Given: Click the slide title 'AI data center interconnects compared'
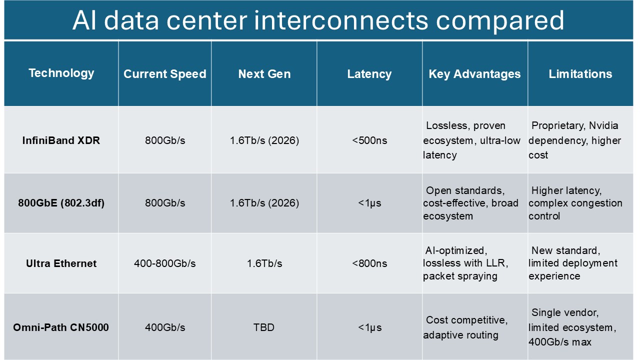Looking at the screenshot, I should [x=318, y=20].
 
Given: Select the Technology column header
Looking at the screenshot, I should [x=61, y=73].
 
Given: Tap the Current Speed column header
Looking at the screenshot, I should [x=164, y=74].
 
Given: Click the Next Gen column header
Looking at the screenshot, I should [x=264, y=74].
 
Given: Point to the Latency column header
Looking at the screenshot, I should [x=369, y=74].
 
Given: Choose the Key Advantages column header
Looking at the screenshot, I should [x=474, y=74].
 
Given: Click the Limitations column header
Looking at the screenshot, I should [x=580, y=74].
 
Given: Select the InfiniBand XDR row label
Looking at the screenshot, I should [x=61, y=140].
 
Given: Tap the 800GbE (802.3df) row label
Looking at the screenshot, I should [x=61, y=203].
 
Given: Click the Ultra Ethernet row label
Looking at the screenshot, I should [x=61, y=263].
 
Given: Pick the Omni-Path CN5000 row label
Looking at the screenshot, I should [x=61, y=327].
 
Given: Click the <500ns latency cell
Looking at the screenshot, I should [x=369, y=140].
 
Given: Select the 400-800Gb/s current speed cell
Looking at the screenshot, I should [x=164, y=263].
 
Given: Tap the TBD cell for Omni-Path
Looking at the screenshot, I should [x=264, y=327].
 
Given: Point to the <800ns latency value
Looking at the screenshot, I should [x=369, y=263].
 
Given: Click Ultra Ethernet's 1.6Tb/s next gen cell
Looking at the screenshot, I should [x=264, y=263].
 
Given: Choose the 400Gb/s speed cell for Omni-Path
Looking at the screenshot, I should [x=164, y=327].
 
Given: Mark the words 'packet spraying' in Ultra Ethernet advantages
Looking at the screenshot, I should [x=460, y=276].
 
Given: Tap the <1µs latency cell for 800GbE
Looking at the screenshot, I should [x=369, y=203].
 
